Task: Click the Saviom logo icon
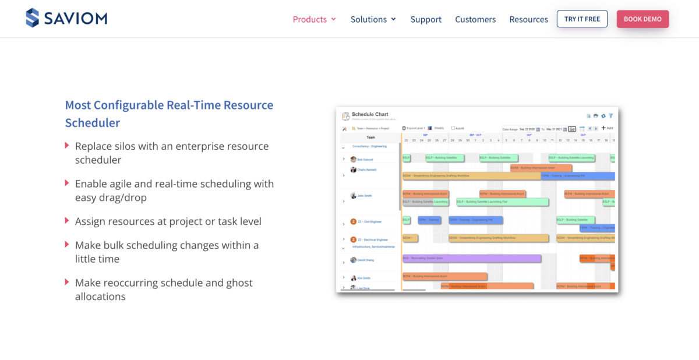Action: tap(33, 18)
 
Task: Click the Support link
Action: tap(426, 19)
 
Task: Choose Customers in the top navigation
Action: tap(475, 19)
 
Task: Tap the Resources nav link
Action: tap(528, 19)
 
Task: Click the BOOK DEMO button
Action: tap(642, 19)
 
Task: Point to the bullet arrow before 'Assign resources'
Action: tap(67, 221)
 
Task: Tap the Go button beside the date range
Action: tap(572, 129)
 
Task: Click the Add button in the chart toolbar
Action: tap(607, 128)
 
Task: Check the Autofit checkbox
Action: tap(453, 128)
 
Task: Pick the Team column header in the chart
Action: tap(370, 137)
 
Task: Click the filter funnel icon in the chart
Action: tap(611, 116)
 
